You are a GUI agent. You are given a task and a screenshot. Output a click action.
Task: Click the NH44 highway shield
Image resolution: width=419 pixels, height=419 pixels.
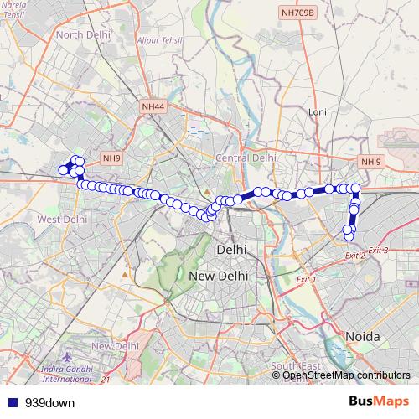pos(153,106)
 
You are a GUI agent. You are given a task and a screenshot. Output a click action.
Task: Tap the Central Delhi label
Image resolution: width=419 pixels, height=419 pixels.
pos(246,157)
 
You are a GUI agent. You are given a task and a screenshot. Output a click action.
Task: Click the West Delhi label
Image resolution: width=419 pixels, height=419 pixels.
pos(63,219)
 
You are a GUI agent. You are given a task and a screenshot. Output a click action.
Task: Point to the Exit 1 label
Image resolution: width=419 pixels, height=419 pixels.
pos(306,279)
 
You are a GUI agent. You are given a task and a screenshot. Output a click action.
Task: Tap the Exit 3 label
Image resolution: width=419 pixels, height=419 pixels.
pos(378,251)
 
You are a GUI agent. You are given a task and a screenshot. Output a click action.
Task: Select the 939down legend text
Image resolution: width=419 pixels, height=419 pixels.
pos(50,402)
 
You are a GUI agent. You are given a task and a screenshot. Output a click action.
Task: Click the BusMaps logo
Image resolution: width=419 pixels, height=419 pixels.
pos(379,401)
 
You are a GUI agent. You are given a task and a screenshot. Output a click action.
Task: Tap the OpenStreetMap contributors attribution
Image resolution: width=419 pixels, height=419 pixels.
pos(345,375)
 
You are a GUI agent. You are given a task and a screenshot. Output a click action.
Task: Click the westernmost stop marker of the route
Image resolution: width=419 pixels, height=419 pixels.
pos(63,171)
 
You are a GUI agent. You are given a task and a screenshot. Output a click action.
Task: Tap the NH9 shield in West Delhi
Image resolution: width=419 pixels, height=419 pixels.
pos(111,158)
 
